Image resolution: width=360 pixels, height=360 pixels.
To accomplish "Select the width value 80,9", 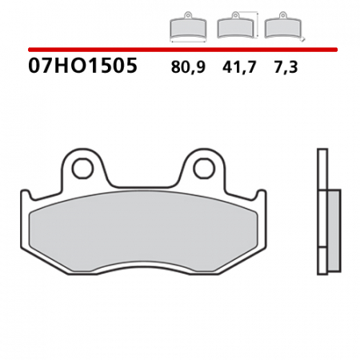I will click(188, 68).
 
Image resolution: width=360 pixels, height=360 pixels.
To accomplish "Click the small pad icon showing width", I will click(187, 27).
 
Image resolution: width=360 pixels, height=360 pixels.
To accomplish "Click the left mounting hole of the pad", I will click(82, 168).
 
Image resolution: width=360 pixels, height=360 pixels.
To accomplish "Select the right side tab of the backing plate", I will click(258, 197).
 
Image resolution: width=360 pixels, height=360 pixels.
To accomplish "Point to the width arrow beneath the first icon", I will click(187, 41).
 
